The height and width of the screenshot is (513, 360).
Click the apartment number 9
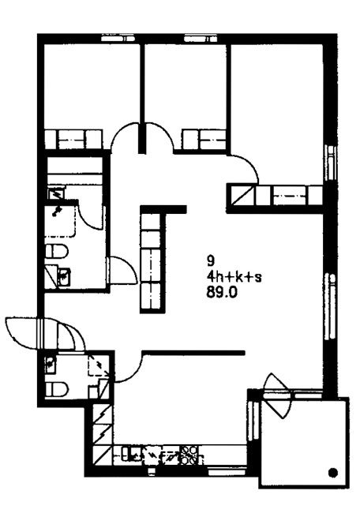(211, 260)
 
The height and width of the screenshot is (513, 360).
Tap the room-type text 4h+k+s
(234, 277)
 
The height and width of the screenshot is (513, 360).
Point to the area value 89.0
(222, 293)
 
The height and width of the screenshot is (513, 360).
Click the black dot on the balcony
(333, 472)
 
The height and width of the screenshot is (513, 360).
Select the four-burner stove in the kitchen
(189, 455)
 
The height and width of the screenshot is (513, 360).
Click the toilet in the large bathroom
(57, 252)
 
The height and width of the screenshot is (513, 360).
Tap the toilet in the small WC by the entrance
(57, 389)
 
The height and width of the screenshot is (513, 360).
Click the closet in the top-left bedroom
(73, 140)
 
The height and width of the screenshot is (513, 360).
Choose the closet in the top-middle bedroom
(204, 140)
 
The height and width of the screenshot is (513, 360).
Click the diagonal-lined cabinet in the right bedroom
(243, 195)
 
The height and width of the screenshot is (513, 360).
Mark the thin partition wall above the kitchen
(193, 353)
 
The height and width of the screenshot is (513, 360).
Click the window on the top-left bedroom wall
(118, 39)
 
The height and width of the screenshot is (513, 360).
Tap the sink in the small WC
(51, 365)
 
